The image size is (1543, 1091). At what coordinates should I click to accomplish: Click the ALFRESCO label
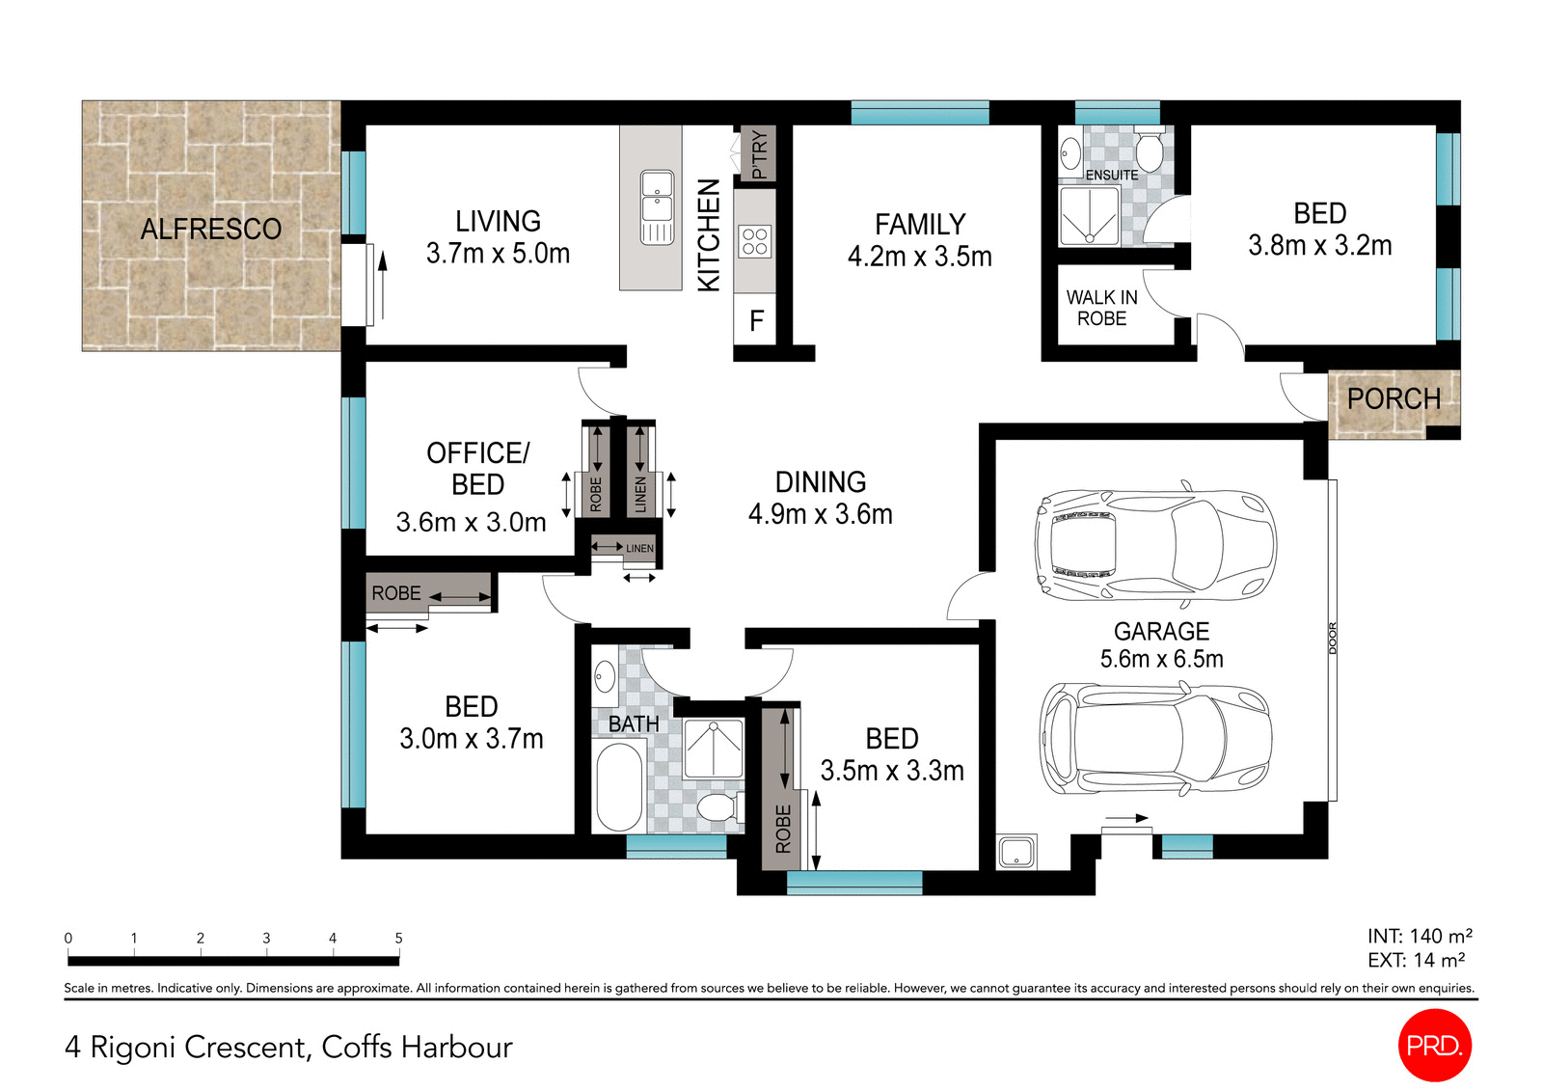click(x=210, y=229)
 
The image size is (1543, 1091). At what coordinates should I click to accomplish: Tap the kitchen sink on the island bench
click(x=657, y=206)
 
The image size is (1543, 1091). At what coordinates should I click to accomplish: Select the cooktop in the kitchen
click(x=755, y=241)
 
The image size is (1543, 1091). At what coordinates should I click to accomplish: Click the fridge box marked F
click(x=756, y=320)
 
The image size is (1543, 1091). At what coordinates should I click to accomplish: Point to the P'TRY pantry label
click(x=760, y=154)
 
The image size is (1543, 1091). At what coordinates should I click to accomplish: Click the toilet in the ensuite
click(x=1149, y=150)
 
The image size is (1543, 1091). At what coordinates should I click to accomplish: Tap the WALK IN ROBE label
click(x=1101, y=308)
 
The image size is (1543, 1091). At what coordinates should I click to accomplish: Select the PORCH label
click(x=1393, y=398)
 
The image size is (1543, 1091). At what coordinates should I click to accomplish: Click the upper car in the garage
click(x=1154, y=545)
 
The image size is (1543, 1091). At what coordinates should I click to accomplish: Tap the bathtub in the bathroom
click(x=618, y=785)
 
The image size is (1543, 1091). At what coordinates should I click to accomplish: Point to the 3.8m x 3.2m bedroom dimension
click(x=1319, y=246)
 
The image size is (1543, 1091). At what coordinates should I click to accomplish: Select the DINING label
click(x=821, y=481)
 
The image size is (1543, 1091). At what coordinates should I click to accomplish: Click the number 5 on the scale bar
click(x=398, y=938)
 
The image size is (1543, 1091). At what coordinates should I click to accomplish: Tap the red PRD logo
click(x=1434, y=1045)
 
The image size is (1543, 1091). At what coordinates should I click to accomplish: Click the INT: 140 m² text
click(x=1419, y=936)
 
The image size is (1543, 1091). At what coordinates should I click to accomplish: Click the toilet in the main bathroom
click(x=717, y=806)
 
